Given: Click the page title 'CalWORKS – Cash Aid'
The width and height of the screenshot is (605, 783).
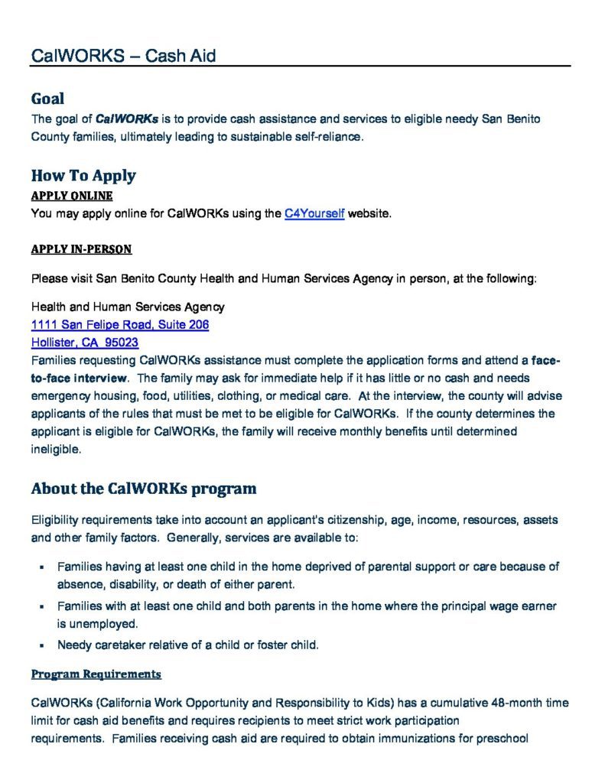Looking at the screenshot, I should [123, 56].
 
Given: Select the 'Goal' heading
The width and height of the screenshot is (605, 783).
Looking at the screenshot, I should [47, 99].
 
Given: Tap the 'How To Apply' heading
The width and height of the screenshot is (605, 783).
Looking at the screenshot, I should [83, 175].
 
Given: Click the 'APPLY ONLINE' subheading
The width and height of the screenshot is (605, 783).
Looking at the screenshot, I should [72, 196].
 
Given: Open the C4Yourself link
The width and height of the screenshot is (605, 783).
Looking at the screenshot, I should [314, 214].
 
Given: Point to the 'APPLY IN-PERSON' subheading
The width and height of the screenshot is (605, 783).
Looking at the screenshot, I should [81, 249].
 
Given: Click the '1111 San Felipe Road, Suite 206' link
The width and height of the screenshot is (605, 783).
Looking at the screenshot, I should [120, 324].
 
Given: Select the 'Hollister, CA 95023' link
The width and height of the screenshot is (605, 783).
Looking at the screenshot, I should [85, 343].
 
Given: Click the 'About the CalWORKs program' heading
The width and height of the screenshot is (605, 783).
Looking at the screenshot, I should [144, 488].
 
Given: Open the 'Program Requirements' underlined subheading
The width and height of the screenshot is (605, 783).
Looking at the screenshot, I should [96, 674].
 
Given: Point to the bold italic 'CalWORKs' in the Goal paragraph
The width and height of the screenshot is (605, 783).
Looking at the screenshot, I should [127, 119].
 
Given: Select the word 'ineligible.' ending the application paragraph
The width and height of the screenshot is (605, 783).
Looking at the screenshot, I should [56, 450].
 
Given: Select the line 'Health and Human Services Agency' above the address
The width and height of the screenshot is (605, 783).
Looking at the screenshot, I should [128, 307].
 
